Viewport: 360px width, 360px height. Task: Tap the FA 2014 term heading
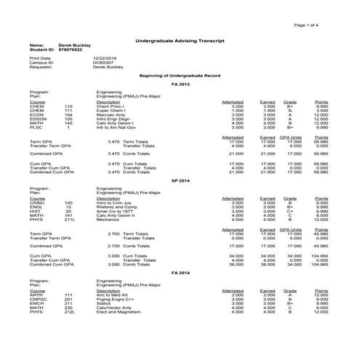click(x=180, y=271)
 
